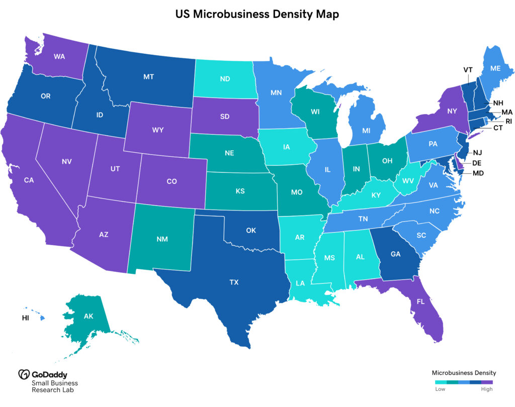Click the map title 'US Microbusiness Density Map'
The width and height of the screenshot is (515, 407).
[257, 15]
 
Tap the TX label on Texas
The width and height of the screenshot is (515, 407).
[234, 282]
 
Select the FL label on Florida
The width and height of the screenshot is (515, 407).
[420, 303]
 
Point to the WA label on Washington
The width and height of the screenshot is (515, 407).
[59, 57]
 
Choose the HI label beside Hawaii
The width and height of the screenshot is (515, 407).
[25, 318]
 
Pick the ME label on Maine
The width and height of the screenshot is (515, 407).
[481, 68]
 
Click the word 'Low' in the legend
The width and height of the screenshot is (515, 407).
[440, 389]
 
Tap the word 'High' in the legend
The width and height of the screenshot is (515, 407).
[487, 389]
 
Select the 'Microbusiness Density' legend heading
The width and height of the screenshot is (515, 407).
[464, 373]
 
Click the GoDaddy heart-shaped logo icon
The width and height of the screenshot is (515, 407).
[24, 374]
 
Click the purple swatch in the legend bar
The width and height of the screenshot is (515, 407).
[487, 382]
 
